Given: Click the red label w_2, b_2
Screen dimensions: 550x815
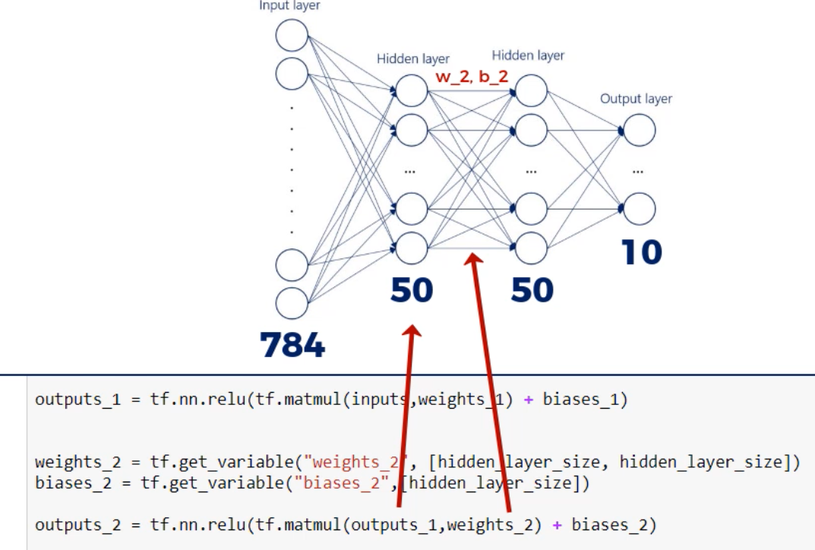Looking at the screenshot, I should click(471, 77).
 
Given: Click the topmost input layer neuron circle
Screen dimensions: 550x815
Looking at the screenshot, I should click(292, 35).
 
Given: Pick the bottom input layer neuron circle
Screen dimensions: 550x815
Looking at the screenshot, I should click(292, 302).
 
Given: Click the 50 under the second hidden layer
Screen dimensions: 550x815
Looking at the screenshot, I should click(531, 291).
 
